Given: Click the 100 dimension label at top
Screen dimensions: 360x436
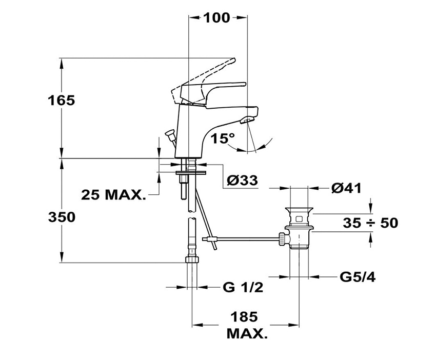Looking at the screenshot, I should point(216,17).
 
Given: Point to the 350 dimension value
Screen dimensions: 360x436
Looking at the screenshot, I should point(62,217).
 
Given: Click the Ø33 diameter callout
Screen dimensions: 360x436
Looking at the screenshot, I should point(242,180).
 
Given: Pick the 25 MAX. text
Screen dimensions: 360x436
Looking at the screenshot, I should point(113,195).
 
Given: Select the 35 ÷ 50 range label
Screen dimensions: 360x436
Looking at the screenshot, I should point(370,223).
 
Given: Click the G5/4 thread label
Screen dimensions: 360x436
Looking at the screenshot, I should point(357,277).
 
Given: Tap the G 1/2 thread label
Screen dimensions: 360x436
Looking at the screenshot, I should point(243,288).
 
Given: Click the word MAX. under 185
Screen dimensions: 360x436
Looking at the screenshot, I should point(246,335).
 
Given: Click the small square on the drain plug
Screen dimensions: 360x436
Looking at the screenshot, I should point(300,218).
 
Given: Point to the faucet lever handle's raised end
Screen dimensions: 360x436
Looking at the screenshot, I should point(232,61).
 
